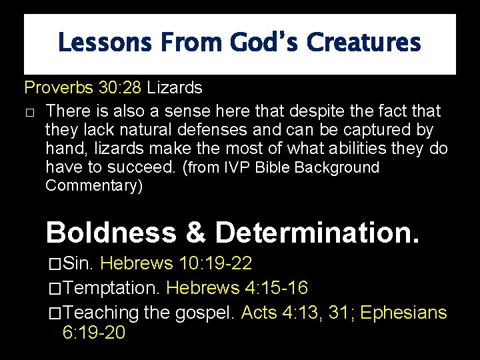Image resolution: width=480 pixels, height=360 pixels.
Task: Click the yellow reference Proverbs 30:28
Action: point(83,87)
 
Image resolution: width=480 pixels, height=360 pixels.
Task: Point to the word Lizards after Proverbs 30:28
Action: point(174,87)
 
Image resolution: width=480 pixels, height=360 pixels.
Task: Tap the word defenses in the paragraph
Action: point(228,129)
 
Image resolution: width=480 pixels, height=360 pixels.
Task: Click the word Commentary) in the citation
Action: point(94,185)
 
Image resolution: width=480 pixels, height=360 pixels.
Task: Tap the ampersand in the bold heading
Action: point(195,233)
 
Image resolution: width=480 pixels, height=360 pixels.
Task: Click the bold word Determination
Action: point(317,233)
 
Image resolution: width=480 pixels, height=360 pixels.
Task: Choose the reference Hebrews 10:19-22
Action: point(176,263)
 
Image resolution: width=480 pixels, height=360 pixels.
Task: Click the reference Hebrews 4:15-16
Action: point(237,288)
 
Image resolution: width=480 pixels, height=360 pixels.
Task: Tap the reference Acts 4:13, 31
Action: point(297,312)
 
